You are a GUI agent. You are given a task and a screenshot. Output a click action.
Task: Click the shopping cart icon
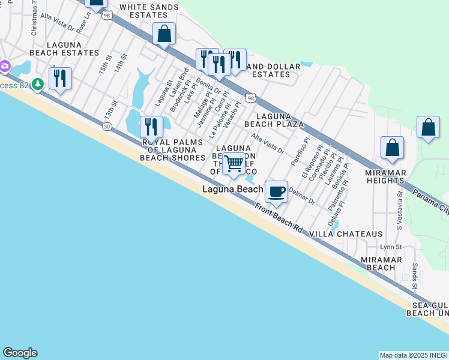point(234,163)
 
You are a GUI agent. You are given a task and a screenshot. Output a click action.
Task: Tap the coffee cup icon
point(276,192)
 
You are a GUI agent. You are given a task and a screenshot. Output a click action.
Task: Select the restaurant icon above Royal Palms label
point(151,126)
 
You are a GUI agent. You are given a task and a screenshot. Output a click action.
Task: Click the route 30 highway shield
point(107,127)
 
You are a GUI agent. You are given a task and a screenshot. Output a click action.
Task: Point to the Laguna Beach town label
point(232,190)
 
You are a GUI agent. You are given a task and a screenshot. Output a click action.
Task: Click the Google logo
point(20,353)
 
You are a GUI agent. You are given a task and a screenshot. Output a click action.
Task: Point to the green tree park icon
point(39,85)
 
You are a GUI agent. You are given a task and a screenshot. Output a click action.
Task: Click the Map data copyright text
point(413,355)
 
